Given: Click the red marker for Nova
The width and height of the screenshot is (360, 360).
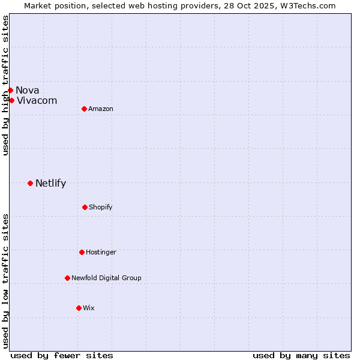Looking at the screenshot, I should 10,90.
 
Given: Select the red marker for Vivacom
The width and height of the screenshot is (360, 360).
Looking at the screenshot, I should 11,100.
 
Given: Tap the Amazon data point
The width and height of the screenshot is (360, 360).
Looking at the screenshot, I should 84,109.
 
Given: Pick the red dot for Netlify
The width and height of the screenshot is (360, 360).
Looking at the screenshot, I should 30,183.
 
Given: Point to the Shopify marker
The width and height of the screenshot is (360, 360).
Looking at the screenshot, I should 85,207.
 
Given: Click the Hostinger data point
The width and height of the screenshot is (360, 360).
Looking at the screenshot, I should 82,252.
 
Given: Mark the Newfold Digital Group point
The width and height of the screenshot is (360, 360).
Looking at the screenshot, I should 67,278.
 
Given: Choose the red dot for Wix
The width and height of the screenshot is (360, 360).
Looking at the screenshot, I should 79,308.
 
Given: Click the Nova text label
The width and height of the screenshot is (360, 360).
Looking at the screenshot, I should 28,90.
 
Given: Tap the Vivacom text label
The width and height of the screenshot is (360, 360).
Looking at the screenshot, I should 37,100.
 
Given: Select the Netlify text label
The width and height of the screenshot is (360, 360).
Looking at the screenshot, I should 51,183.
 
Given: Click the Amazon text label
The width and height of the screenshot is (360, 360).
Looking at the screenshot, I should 101,109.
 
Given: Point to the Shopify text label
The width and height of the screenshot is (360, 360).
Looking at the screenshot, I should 101,207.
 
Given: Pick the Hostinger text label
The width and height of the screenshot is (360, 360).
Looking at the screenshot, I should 101,252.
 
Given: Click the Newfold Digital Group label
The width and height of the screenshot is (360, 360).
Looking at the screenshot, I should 107,278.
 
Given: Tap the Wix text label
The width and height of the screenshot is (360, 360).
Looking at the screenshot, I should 89,308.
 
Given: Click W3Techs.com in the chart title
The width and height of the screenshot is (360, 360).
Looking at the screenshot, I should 305,5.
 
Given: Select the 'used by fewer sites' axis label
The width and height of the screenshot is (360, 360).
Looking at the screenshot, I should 62,355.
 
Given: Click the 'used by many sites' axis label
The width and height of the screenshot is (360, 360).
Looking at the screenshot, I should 301,355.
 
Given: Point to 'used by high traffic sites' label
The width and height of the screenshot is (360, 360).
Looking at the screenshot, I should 5,85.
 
